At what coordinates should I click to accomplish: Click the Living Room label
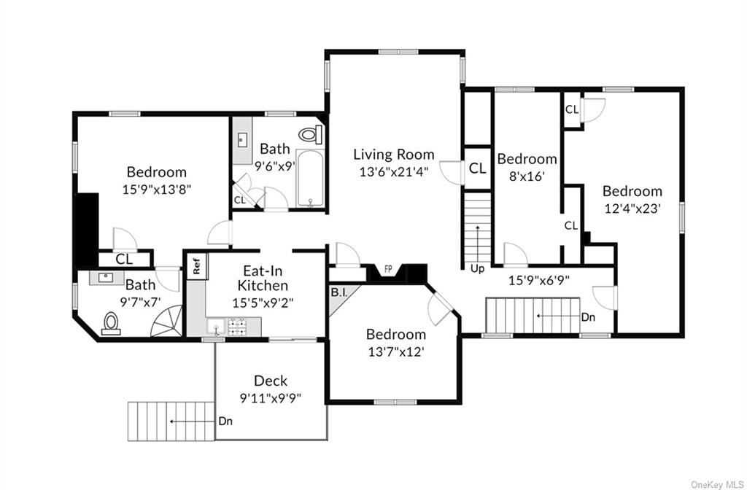pyautogui.click(x=393, y=155)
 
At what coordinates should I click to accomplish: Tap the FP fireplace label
pyautogui.click(x=388, y=268)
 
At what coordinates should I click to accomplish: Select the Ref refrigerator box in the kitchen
pyautogui.click(x=196, y=266)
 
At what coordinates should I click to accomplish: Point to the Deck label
pyautogui.click(x=271, y=381)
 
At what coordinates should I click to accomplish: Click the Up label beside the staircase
pyautogui.click(x=477, y=268)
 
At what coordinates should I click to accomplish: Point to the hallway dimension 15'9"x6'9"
pyautogui.click(x=538, y=279)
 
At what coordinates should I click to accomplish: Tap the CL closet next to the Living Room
pyautogui.click(x=477, y=168)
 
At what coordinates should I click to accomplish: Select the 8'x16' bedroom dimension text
pyautogui.click(x=526, y=176)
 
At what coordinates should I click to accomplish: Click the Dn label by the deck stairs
pyautogui.click(x=225, y=421)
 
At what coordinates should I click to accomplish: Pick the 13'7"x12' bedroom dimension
pyautogui.click(x=395, y=351)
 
